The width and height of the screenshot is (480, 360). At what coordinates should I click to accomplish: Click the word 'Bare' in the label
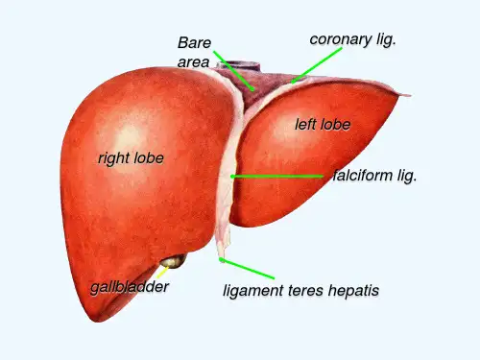tap(194, 42)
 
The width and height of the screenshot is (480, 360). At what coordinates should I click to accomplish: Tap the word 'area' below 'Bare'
tap(193, 62)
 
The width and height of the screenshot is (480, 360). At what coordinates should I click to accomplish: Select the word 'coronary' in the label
tap(341, 39)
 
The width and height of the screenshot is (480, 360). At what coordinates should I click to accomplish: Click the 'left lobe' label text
tap(323, 125)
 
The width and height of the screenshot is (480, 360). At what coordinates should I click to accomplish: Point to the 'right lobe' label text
tap(131, 158)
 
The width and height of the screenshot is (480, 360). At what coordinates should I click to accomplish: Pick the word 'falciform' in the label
tap(362, 176)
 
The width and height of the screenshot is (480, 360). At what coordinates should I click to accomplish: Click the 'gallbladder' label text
tap(130, 287)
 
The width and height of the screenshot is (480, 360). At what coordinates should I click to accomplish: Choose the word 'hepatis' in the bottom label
tap(353, 291)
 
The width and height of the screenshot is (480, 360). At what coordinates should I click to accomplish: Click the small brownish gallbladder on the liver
tap(174, 261)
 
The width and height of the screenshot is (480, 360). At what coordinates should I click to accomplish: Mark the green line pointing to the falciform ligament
tap(277, 176)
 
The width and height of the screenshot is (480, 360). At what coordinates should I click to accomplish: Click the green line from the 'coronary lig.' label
tap(316, 65)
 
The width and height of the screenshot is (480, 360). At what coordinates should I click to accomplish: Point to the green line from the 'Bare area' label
tap(234, 71)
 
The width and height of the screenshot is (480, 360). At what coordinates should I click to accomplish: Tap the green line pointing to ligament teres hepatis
tap(247, 269)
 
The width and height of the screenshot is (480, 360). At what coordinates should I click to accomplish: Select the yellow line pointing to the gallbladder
tap(163, 272)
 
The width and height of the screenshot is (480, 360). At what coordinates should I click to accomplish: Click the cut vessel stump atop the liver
tap(238, 66)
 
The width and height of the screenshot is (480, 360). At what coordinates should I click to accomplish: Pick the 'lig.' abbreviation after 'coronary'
tap(386, 39)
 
